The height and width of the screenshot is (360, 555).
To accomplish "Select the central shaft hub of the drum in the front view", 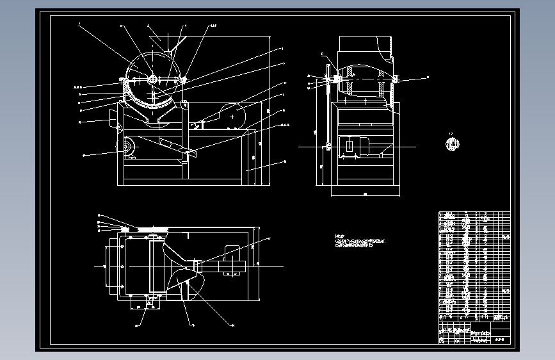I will click(x=153, y=79).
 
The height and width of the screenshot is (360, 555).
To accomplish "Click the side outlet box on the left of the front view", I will click(x=114, y=119).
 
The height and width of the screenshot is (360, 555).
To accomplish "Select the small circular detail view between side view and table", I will click(x=453, y=143).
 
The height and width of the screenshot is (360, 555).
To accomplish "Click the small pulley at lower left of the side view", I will click(x=329, y=147).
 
